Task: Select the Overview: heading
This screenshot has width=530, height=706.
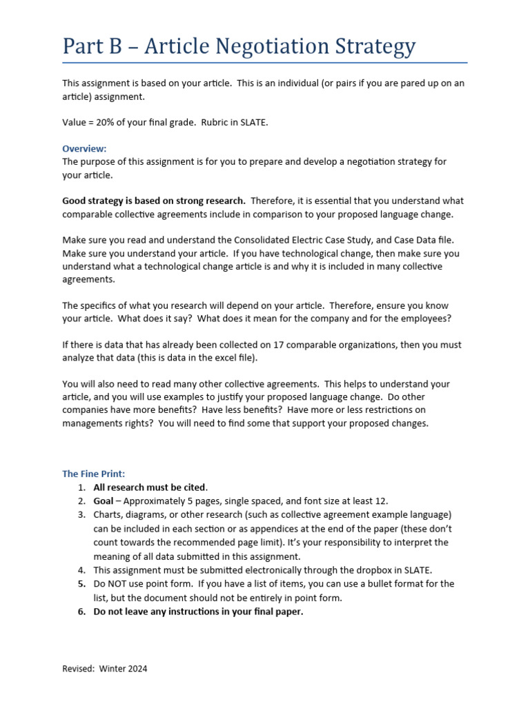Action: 84,149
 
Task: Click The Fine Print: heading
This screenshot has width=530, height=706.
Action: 94,474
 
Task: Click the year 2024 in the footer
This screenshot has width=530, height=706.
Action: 136,669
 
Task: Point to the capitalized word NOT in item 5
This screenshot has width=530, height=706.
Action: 119,583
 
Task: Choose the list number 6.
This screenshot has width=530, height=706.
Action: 81,611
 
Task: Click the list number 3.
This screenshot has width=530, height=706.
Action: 81,515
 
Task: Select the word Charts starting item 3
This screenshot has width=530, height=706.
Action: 108,515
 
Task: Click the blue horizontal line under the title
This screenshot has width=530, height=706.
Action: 265,63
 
